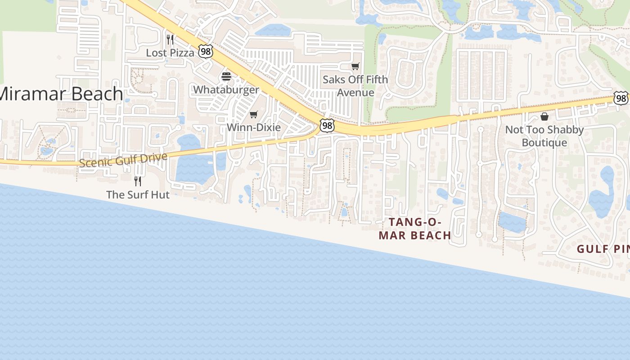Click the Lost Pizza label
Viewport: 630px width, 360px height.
pos(170,53)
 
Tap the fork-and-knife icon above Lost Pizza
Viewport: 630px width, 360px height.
pos(170,40)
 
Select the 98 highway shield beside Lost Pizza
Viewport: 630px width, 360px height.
pos(206,51)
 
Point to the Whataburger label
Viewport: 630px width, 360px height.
pos(226,90)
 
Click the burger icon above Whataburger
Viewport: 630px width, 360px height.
pos(226,76)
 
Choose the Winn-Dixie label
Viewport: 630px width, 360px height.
pos(254,127)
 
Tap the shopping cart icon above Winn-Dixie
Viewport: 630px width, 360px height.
pos(254,114)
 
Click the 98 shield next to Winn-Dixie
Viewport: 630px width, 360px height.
pos(327,126)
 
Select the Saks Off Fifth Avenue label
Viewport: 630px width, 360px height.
pos(355,86)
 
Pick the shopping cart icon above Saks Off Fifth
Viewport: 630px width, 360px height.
pos(355,67)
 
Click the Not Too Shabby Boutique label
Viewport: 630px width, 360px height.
pos(544,136)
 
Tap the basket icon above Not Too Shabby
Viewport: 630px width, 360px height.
pos(544,117)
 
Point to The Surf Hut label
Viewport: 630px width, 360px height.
pos(138,195)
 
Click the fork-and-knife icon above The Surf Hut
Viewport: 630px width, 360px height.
pos(138,181)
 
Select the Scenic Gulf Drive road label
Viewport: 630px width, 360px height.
pos(123,160)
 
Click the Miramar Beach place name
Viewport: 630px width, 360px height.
pos(61,94)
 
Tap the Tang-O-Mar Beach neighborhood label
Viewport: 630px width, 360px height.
pos(414,229)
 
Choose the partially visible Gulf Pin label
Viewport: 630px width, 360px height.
pos(603,249)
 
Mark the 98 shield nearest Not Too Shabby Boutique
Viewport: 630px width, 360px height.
pos(621,98)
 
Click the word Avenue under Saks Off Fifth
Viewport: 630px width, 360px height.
pos(355,93)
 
